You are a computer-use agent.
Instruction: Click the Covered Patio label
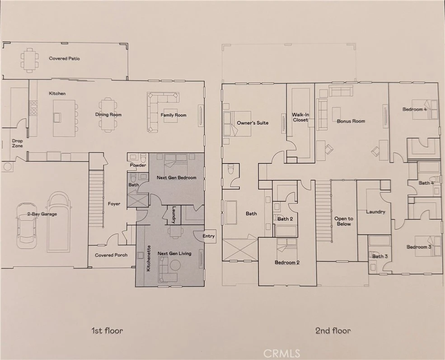pos(65,58)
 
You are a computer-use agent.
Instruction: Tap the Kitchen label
pos(57,94)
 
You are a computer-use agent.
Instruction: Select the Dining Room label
pos(108,115)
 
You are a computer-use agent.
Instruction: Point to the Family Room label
pos(173,115)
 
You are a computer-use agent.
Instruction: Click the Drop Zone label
pos(17,143)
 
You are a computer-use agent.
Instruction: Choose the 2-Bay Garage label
pos(42,214)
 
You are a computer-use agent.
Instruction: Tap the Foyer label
pos(114,204)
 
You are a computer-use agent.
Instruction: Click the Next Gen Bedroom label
pos(177,178)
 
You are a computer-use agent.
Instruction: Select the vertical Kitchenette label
pos(149,258)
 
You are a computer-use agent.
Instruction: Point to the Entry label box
pos(209,236)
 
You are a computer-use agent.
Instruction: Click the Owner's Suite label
pos(253,123)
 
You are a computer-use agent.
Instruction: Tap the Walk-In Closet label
pos(300,117)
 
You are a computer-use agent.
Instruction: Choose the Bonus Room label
pos(351,121)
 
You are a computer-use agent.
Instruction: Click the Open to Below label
pos(344,221)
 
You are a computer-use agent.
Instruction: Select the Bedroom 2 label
pos(287,263)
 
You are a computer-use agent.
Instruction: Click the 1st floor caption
pos(107,331)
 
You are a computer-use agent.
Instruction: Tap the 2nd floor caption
pos(333,331)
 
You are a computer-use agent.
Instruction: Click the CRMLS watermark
pos(281,354)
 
